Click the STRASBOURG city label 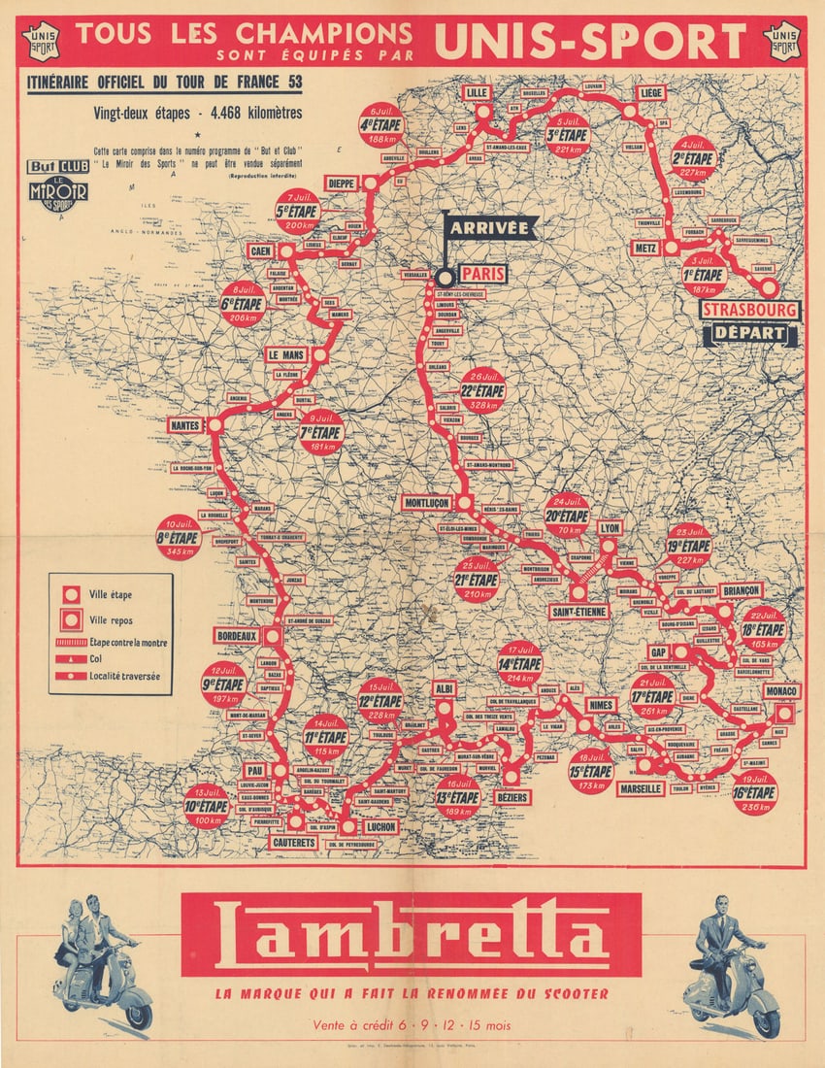point(750,311)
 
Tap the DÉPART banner point(750,334)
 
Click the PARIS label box point(482,275)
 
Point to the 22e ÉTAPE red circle point(482,390)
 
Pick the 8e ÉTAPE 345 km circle point(179,538)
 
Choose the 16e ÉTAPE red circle point(754,792)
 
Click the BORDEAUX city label point(237,637)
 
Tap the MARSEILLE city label point(641,789)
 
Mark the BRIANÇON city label point(742,590)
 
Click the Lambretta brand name point(412,935)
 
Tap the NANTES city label point(185,425)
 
